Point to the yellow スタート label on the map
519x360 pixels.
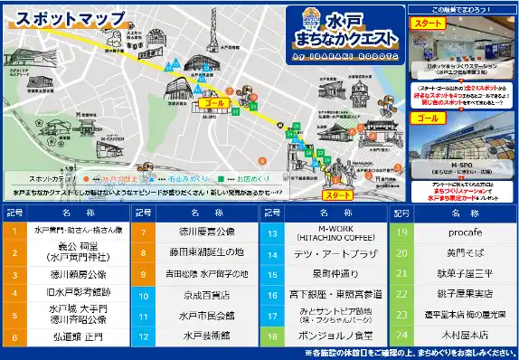pyautogui.click(x=336, y=194)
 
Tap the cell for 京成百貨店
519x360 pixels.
pyautogui.click(x=200, y=295)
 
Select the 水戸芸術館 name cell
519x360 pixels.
pyautogui.click(x=200, y=336)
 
